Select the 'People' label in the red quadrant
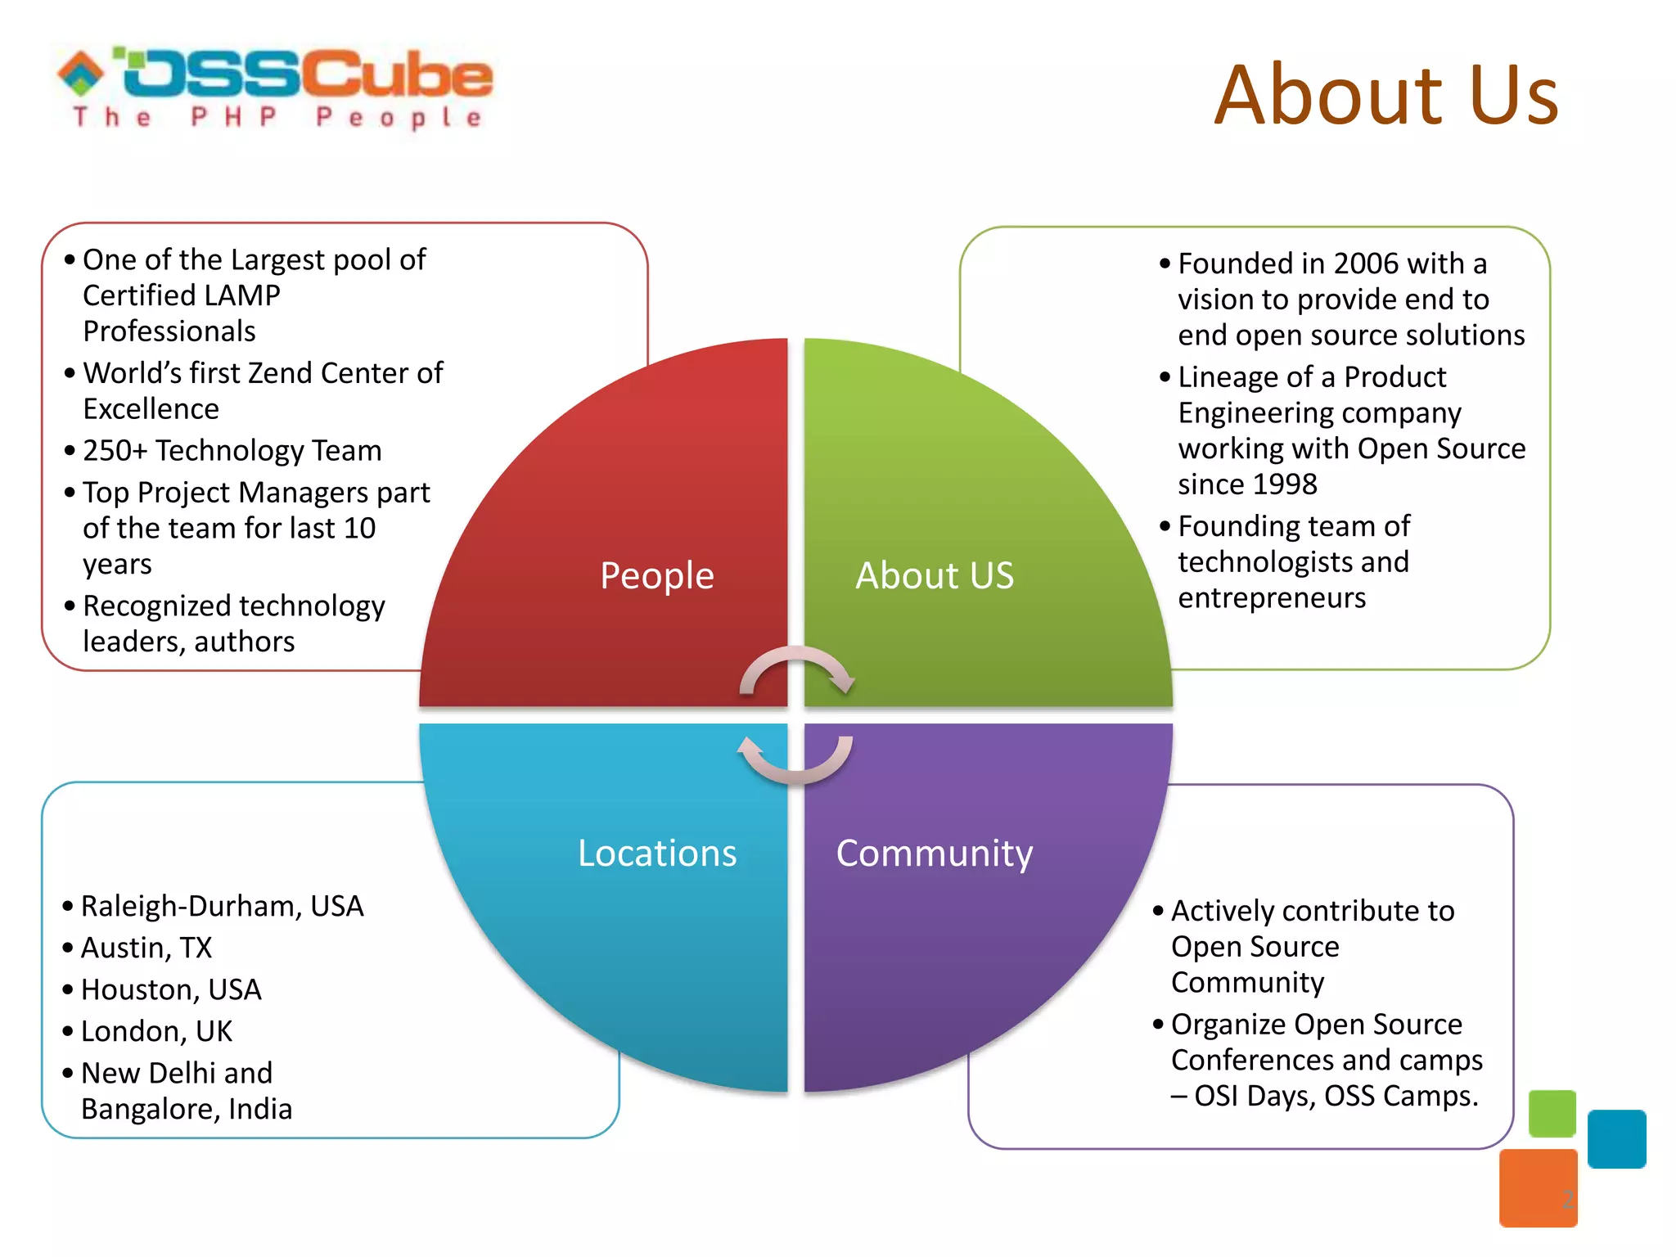(656, 575)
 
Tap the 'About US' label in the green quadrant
(935, 575)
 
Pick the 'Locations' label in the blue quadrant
(657, 853)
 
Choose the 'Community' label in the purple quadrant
(935, 853)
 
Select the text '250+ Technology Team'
(232, 450)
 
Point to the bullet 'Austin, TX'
(146, 948)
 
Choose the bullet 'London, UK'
(156, 1031)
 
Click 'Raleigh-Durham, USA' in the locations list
(222, 906)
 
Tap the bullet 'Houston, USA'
(171, 989)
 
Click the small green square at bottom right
(1552, 1113)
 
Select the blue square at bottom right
(1616, 1138)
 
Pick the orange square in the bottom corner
(1538, 1187)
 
